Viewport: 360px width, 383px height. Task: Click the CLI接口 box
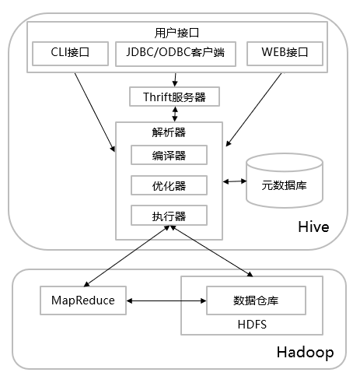(69, 54)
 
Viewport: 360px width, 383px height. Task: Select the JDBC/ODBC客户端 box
(175, 54)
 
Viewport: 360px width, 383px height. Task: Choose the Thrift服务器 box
(175, 97)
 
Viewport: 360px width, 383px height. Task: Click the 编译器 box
(169, 155)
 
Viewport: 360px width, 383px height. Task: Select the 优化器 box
(169, 184)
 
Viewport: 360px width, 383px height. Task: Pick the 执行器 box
(169, 214)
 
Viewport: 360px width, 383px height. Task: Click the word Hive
(313, 227)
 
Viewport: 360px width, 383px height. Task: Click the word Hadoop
(305, 353)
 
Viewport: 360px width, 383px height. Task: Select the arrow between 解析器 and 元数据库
(233, 181)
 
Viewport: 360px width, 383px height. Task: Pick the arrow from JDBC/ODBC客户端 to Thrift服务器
(175, 79)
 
